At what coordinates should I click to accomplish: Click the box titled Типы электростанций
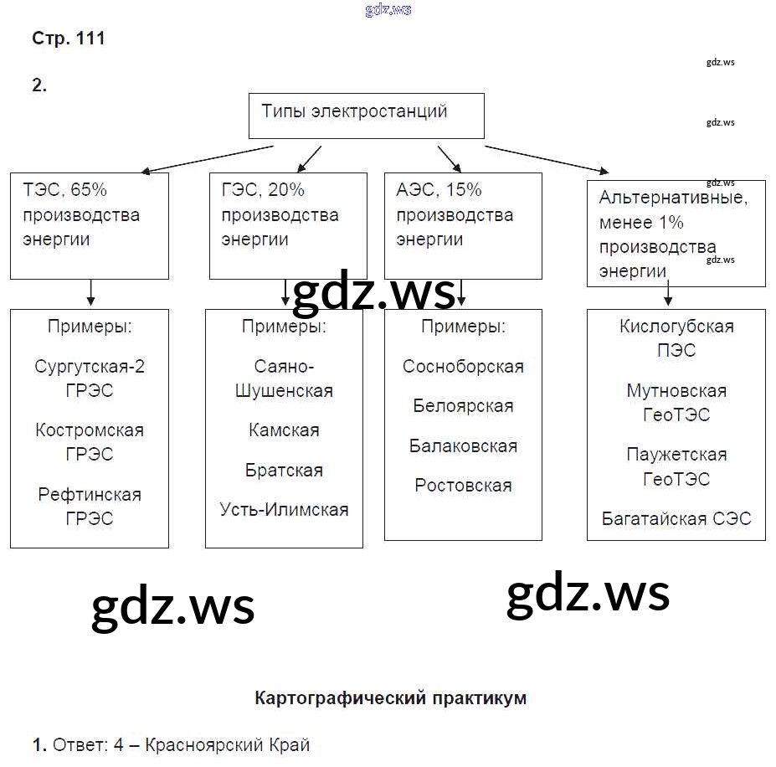tap(366, 115)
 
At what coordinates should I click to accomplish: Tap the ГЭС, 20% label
tap(263, 190)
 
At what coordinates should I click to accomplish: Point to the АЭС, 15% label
tap(439, 190)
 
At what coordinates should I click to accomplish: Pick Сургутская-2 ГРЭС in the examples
tap(90, 378)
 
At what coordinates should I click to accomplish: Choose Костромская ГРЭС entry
tap(90, 442)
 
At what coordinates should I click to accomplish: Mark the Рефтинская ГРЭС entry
tap(90, 506)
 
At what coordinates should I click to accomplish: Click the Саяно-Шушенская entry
tap(284, 378)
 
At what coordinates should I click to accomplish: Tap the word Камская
tap(284, 430)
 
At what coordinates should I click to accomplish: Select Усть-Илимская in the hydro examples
tap(284, 509)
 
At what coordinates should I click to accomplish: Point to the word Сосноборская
tap(463, 367)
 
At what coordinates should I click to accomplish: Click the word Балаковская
tap(463, 446)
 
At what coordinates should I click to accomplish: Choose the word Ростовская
tap(463, 486)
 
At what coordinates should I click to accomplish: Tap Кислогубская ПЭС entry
tap(676, 338)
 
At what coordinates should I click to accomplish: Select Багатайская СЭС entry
tap(676, 518)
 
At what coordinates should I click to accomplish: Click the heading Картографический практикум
tap(390, 698)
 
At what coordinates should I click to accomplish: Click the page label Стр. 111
tap(69, 39)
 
